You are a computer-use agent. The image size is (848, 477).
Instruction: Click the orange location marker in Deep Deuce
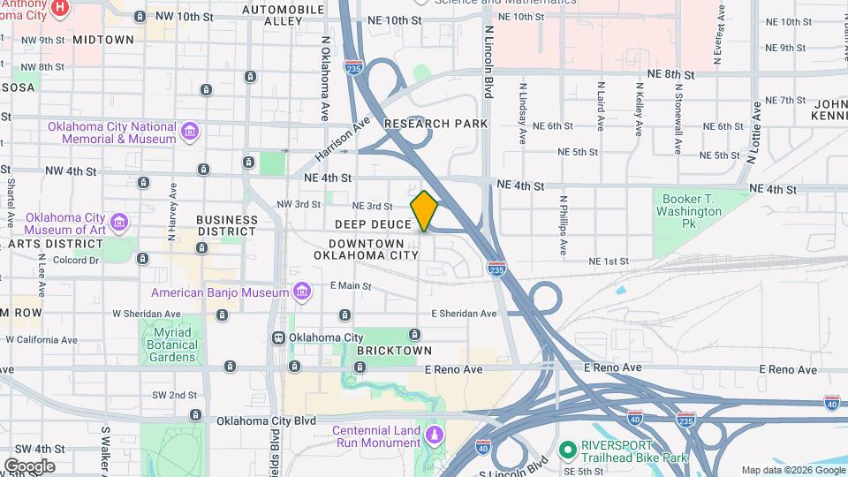click(x=424, y=211)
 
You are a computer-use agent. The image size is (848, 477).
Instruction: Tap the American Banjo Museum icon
click(x=302, y=291)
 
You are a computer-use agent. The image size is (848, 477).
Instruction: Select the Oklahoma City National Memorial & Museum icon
click(x=188, y=132)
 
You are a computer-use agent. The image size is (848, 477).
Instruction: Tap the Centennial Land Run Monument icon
click(x=434, y=435)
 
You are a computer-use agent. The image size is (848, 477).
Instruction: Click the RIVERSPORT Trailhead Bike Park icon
click(x=565, y=450)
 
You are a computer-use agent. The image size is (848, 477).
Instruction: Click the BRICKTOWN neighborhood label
click(x=394, y=351)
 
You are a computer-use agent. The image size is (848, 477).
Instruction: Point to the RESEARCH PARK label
click(x=435, y=124)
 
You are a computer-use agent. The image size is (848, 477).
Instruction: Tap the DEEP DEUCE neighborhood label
click(x=373, y=224)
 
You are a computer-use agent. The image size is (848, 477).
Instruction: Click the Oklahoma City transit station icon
click(x=278, y=337)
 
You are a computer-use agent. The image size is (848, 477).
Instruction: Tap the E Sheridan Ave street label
click(x=464, y=314)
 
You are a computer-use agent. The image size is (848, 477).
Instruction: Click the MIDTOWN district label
click(x=103, y=40)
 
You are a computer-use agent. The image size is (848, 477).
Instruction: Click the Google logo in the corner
click(x=29, y=466)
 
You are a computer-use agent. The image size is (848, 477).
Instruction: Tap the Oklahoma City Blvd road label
click(x=266, y=420)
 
